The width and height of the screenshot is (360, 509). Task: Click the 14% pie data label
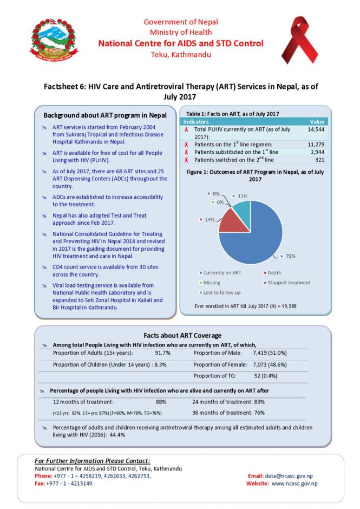point(206,220)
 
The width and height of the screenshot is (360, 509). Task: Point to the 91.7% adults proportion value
point(163,353)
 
